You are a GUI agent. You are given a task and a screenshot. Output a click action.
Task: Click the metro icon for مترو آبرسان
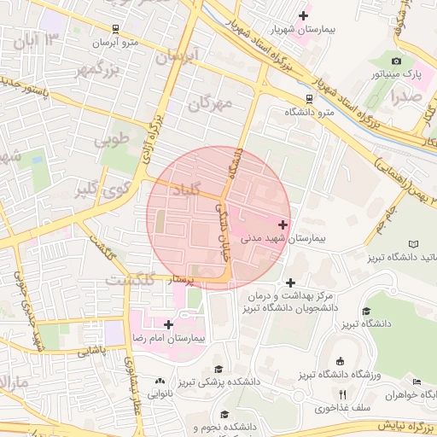point(115,29)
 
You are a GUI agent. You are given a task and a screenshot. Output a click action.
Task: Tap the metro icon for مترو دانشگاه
point(307,97)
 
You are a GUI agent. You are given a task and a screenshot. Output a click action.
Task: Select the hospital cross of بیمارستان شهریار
point(303,15)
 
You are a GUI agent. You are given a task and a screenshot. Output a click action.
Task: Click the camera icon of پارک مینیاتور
point(396,61)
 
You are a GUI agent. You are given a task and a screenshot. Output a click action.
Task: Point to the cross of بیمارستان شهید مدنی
point(283,224)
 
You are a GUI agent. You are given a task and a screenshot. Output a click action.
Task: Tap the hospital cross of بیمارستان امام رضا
point(168,324)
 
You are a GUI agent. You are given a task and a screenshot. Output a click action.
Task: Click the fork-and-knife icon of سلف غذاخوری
point(342,394)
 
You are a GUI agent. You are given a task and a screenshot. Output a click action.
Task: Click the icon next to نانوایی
point(160,381)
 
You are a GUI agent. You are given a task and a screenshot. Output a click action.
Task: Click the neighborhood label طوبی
point(115,137)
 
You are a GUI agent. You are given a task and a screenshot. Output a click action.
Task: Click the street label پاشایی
point(95,350)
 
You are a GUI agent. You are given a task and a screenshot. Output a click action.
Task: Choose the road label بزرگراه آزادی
point(156,119)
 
